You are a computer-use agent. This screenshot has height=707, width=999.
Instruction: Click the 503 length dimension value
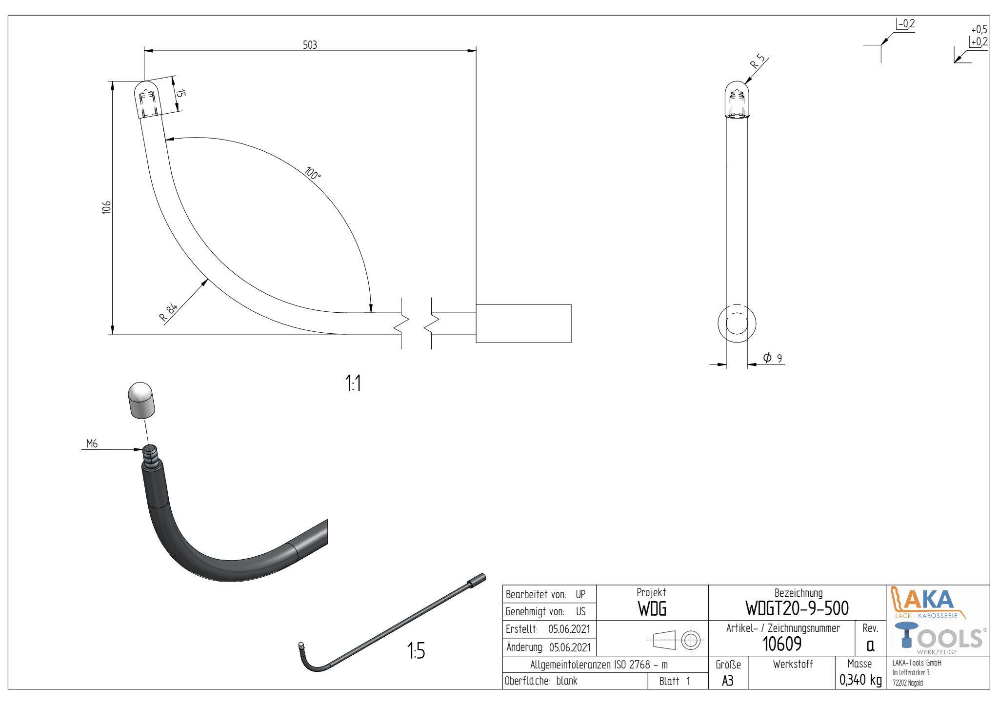pyautogui.click(x=310, y=45)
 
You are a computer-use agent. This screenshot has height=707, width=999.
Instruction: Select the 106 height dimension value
pyautogui.click(x=106, y=207)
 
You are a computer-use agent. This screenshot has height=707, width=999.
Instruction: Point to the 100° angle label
pyautogui.click(x=313, y=173)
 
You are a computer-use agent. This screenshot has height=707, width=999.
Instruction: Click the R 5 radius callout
pyautogui.click(x=758, y=61)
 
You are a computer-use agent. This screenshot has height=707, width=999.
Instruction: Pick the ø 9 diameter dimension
pyautogui.click(x=773, y=358)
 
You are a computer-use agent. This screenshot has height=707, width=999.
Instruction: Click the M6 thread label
pyautogui.click(x=92, y=444)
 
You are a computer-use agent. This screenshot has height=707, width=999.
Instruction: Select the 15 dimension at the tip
pyautogui.click(x=180, y=93)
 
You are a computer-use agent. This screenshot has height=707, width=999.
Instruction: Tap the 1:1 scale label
pyautogui.click(x=353, y=383)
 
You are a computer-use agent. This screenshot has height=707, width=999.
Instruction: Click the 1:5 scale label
pyautogui.click(x=416, y=650)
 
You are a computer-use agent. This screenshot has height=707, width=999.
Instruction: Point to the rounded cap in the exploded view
pyautogui.click(x=141, y=400)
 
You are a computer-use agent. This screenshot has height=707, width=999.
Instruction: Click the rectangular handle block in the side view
pyautogui.click(x=523, y=323)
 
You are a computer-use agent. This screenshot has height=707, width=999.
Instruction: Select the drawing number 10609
pyautogui.click(x=782, y=644)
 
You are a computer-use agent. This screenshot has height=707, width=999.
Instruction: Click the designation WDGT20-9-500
pyautogui.click(x=797, y=608)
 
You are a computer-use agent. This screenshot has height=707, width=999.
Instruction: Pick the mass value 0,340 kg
pyautogui.click(x=860, y=680)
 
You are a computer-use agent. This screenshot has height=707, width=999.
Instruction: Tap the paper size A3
pyautogui.click(x=728, y=681)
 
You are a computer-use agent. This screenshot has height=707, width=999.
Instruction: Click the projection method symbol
pyautogui.click(x=675, y=640)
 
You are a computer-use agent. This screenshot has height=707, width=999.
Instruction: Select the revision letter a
pyautogui.click(x=870, y=646)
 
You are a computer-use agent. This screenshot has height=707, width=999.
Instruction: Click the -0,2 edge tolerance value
pyautogui.click(x=907, y=24)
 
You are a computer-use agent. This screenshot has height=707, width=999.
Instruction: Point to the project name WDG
pyautogui.click(x=652, y=609)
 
